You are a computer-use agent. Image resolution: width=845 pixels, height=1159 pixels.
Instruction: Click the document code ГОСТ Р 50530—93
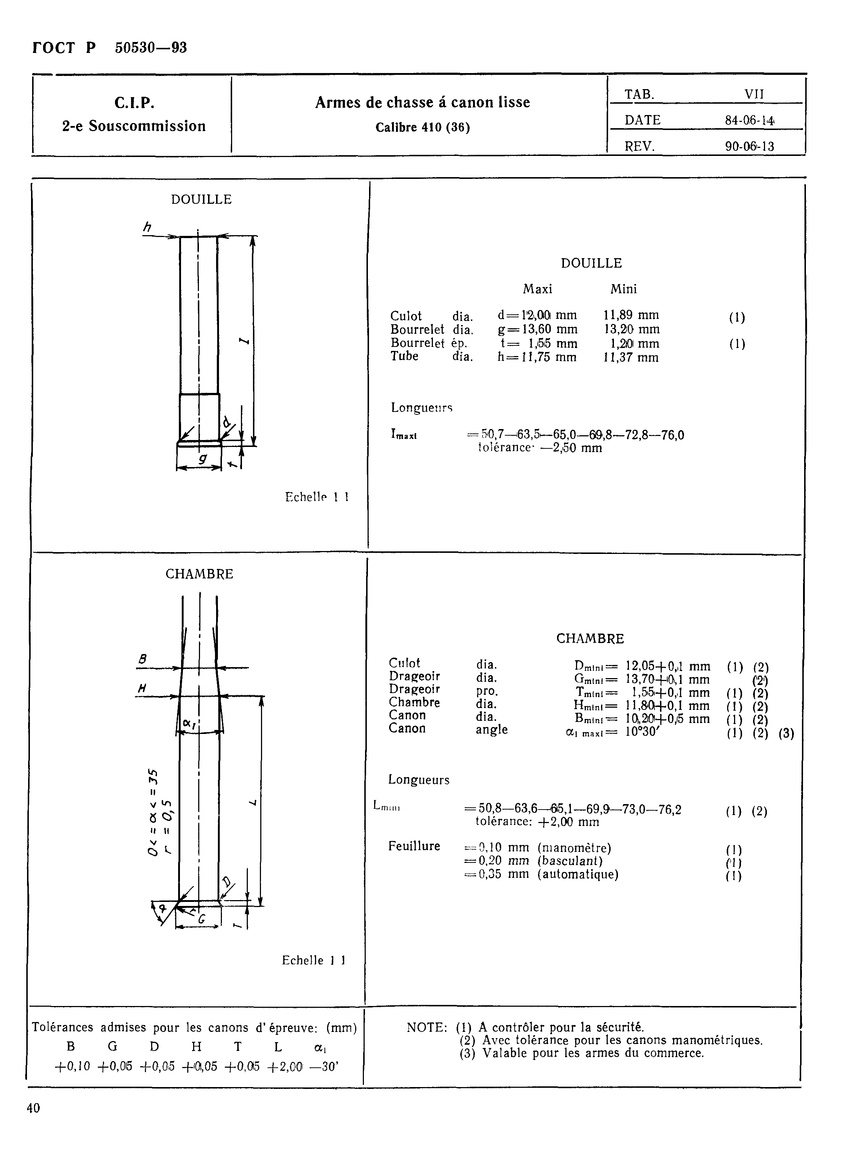[x=110, y=48]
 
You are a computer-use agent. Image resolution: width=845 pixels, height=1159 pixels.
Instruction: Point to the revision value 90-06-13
[x=749, y=147]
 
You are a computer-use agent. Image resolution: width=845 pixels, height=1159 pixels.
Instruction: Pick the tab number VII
[x=754, y=95]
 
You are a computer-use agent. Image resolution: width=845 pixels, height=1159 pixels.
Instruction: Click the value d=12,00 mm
[x=537, y=315]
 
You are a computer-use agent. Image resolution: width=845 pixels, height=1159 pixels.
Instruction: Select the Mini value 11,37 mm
[x=631, y=358]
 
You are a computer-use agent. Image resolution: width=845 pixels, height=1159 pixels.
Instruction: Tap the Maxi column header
[x=537, y=290]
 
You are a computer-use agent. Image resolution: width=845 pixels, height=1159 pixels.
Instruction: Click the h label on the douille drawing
[x=147, y=227]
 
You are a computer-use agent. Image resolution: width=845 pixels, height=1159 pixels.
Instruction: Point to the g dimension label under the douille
[x=203, y=459]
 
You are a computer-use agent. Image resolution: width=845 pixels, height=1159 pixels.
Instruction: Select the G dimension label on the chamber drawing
[x=201, y=919]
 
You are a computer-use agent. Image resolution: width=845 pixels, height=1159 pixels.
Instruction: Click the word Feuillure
[x=414, y=846]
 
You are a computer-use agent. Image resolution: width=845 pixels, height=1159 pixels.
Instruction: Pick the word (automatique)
[x=578, y=875]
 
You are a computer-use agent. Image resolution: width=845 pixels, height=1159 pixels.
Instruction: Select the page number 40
[x=33, y=1108]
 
